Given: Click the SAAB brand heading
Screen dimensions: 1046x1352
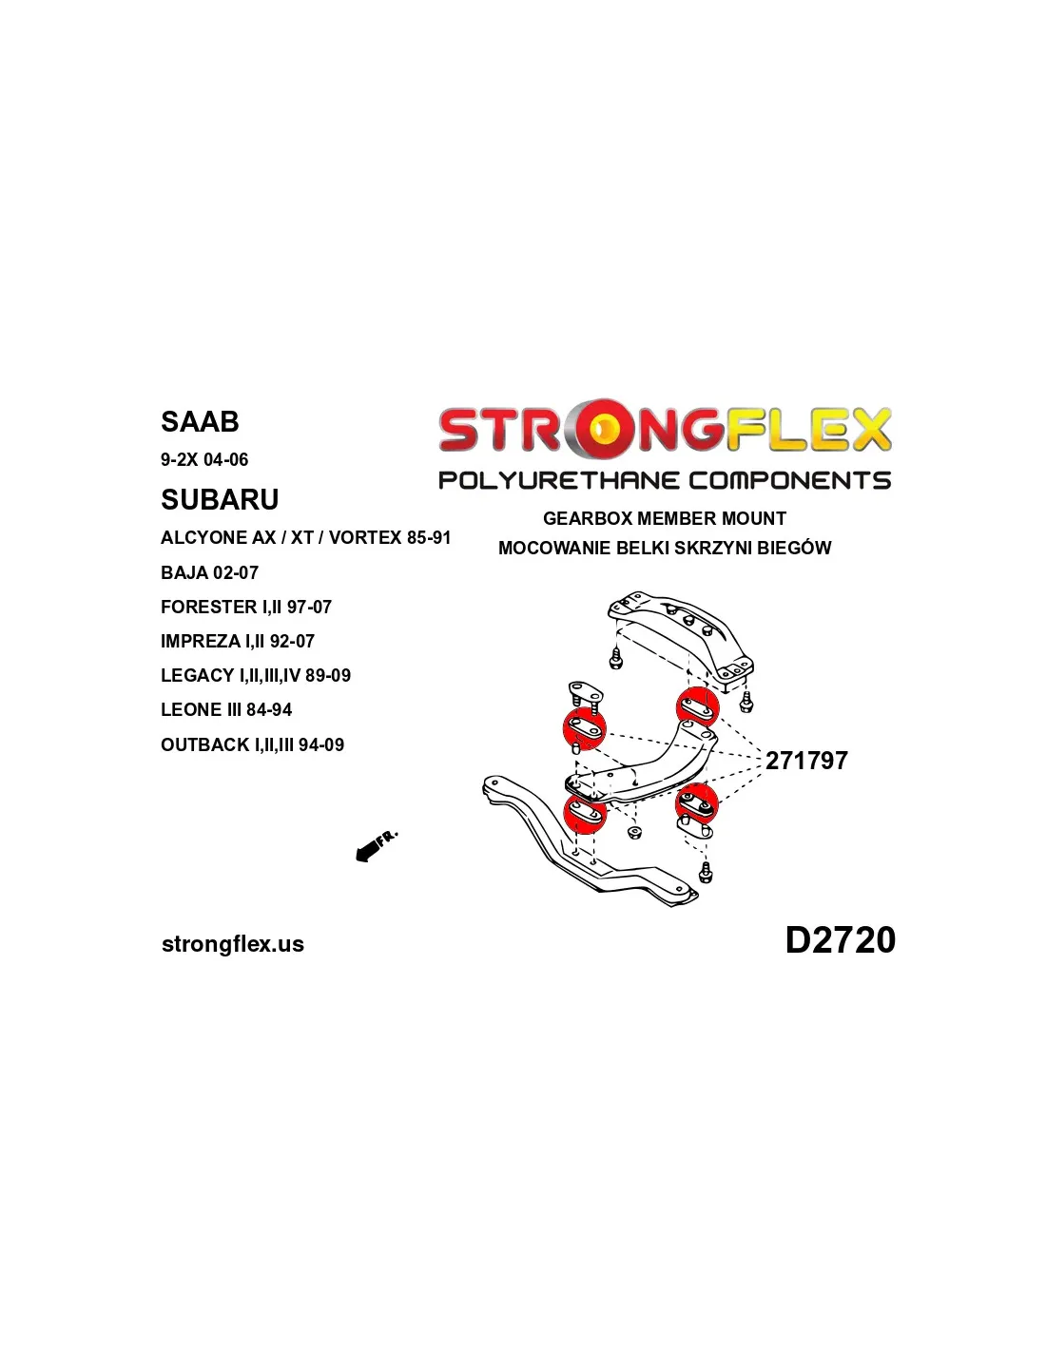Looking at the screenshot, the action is point(199,421).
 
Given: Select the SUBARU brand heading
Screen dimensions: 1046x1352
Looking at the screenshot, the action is point(219,499).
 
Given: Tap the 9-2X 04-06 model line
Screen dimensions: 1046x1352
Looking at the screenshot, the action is point(204,460).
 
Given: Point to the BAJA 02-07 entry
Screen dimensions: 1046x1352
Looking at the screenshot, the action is point(209,572).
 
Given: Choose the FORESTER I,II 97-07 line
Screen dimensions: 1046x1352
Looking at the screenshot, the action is point(245,607).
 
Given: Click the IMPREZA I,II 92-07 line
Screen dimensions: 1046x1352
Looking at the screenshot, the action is point(237,641).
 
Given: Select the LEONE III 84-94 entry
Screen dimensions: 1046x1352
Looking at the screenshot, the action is point(226,709).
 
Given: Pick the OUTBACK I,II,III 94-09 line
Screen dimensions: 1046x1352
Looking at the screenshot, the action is point(252,744).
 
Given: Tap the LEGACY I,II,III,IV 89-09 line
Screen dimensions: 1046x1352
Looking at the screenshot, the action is point(255,675).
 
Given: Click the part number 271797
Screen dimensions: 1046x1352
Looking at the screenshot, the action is point(806,761).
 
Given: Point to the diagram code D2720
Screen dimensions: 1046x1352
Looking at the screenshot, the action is point(840,939).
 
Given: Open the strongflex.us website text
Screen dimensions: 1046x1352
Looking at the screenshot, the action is point(233,943).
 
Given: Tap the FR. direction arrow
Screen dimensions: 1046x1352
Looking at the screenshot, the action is point(376,846).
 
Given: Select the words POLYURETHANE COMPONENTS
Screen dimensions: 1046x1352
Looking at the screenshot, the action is point(665,480).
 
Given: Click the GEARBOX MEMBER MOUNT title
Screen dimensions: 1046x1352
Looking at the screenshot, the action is point(665,518).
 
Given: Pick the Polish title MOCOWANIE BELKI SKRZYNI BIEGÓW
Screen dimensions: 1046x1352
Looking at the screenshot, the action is point(665,549).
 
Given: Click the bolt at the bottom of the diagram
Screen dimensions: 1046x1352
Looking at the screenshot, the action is point(705,872).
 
